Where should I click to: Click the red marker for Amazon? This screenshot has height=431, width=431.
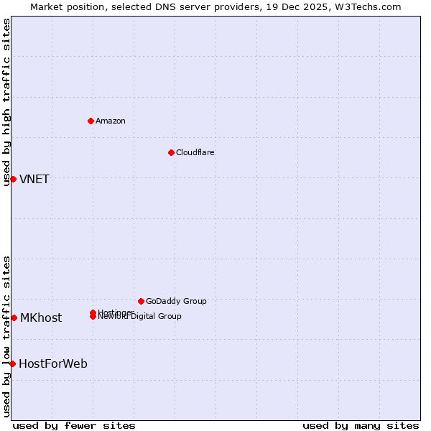pos(91,121)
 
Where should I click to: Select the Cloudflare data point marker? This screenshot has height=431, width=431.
pos(171,152)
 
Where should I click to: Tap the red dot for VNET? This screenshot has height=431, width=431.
pos(13,179)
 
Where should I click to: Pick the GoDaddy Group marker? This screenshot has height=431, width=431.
pos(141,301)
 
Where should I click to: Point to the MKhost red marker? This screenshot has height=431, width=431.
pos(14,318)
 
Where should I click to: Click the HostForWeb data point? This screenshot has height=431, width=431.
pos(12,363)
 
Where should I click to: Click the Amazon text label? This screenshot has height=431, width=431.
pos(111,121)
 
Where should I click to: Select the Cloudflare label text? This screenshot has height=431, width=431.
pos(195,152)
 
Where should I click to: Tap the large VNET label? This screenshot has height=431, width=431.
pos(34,179)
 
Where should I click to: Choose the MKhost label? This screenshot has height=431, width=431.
pos(41,318)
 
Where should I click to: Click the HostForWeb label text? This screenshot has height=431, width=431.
pos(53,363)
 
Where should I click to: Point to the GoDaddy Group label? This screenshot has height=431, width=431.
pos(176,301)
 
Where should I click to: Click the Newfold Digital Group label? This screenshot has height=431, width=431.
pos(141,317)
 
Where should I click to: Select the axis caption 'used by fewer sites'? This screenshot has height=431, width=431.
pos(74,425)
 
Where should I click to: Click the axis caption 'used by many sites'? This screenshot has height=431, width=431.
pos(361,425)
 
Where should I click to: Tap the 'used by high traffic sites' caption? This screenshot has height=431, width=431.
pos(6,103)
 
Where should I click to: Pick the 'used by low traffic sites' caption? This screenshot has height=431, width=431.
pos(6,336)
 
